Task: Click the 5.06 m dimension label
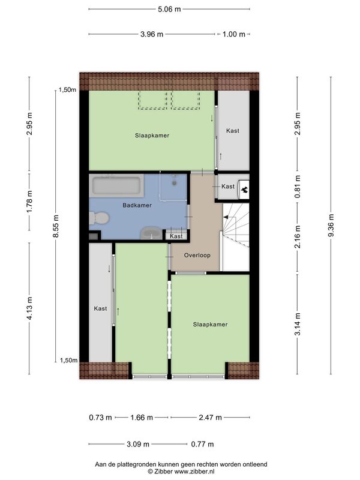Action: (x=169, y=9)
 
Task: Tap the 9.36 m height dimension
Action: (x=331, y=226)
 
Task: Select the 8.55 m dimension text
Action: (x=56, y=226)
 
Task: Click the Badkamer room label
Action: (x=137, y=205)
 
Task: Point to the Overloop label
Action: (x=197, y=255)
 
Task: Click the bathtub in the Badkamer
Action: (x=116, y=185)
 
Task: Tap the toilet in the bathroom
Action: (x=99, y=218)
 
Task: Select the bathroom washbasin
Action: (x=152, y=233)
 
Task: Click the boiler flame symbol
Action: (x=244, y=190)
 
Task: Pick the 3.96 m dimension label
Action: (x=152, y=34)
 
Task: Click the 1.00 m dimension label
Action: (x=234, y=34)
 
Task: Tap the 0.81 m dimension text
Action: (x=298, y=187)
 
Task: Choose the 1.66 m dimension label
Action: (x=142, y=417)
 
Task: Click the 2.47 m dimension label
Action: (x=211, y=417)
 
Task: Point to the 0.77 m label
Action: (x=202, y=444)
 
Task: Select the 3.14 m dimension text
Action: (x=298, y=324)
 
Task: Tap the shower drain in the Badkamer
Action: (x=175, y=183)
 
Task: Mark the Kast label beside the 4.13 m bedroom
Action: (x=100, y=308)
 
